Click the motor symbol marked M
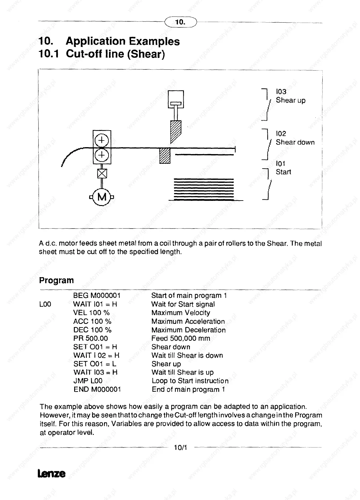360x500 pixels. pos(102,197)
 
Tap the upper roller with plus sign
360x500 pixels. pos(102,140)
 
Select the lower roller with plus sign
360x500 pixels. pos(102,155)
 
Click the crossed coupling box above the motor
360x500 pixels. pos(102,173)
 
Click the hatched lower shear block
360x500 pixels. pos(165,156)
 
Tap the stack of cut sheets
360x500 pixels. pos(204,189)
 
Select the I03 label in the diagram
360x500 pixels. pos(281,92)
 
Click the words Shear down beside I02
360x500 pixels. pos(295,142)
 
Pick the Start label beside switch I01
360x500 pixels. pos(283,172)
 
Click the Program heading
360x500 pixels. pos(56,280)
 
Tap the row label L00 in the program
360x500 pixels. pos(45,304)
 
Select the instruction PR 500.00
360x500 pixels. pos(90,338)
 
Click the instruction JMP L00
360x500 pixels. pos(88,381)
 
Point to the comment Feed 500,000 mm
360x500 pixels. pos(181,338)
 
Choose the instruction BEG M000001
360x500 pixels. pos(97,296)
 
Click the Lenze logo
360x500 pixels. pos(52,473)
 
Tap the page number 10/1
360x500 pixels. pos(181,448)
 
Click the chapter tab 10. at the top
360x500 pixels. pos(181,22)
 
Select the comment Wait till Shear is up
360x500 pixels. pos(182,372)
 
